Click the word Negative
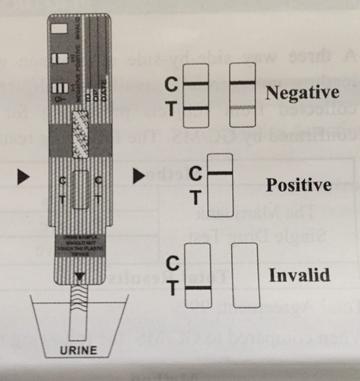[302, 93]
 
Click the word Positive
[299, 185]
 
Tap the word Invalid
[299, 275]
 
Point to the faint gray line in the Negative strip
[242, 108]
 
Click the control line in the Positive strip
[220, 173]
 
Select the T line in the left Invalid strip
[198, 288]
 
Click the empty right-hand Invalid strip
[245, 275]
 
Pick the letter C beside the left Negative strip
[171, 85]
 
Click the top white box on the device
[59, 29]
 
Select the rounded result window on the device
[80, 189]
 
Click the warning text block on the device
[79, 245]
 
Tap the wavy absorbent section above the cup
[79, 298]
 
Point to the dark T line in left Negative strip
[196, 108]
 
